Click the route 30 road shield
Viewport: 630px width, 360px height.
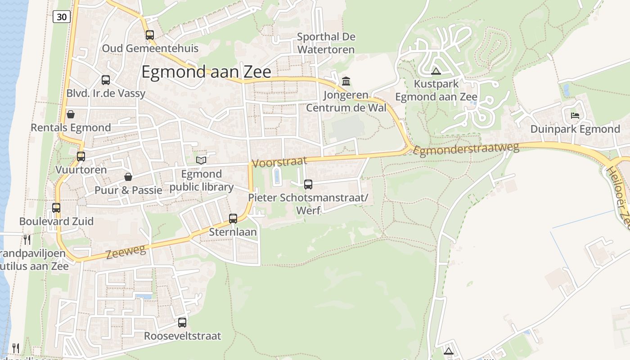(x=62, y=17)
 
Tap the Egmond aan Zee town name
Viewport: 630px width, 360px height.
(x=206, y=72)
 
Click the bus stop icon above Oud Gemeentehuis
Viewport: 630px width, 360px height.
(x=149, y=35)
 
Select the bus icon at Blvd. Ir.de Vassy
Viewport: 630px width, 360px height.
(x=106, y=80)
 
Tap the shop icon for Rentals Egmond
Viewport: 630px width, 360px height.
(x=71, y=114)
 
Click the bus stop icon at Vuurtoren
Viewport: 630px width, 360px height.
(x=81, y=157)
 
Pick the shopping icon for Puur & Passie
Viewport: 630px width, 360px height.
(x=128, y=177)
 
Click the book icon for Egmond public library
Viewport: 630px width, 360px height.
(x=201, y=160)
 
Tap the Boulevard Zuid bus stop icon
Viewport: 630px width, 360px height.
(x=56, y=208)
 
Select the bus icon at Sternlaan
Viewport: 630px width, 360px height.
(x=233, y=219)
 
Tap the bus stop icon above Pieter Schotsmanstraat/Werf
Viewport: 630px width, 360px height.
(x=308, y=184)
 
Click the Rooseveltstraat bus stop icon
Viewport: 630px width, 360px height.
(x=182, y=323)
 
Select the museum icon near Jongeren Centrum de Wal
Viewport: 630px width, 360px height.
(x=346, y=81)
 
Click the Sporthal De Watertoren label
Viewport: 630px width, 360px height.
(x=326, y=43)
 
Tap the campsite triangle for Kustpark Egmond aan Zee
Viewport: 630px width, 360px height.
(x=436, y=71)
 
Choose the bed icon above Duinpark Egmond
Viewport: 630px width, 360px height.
(x=575, y=116)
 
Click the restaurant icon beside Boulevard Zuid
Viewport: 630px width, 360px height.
(x=27, y=239)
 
